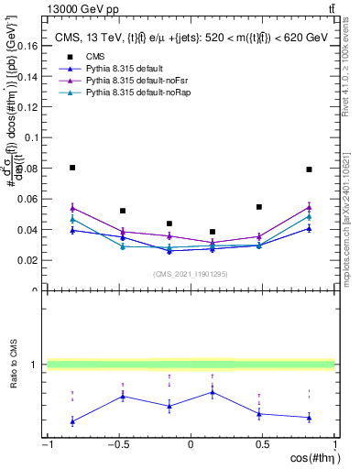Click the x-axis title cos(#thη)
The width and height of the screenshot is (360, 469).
pyautogui.click(x=314, y=458)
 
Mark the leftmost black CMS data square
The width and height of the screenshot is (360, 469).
pyautogui.click(x=72, y=168)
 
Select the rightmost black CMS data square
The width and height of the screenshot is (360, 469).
pyautogui.click(x=310, y=169)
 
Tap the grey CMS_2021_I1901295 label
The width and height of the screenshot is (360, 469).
pyautogui.click(x=190, y=274)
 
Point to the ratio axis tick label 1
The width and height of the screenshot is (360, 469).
pyautogui.click(x=35, y=365)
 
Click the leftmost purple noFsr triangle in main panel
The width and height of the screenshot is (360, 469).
pyautogui.click(x=72, y=208)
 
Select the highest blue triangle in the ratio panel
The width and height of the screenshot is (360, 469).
pyautogui.click(x=213, y=392)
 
